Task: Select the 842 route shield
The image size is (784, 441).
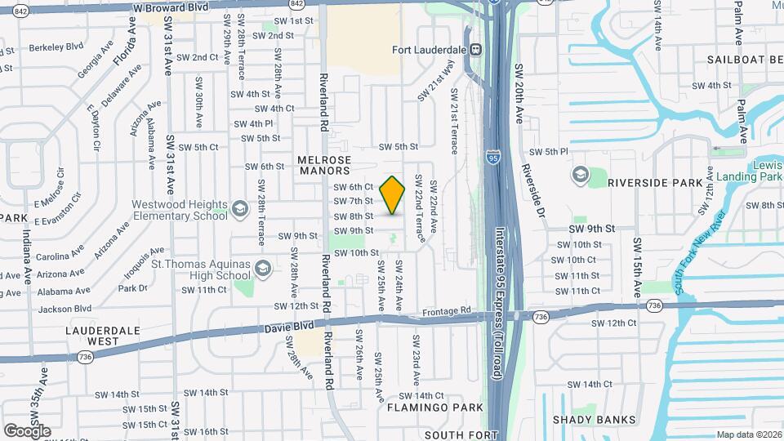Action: pos(22,10)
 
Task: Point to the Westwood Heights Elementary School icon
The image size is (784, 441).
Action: pos(240,208)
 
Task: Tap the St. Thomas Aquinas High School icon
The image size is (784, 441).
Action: pos(263,267)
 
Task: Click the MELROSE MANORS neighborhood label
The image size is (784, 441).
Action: pos(324,165)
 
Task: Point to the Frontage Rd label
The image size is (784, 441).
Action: pos(448,311)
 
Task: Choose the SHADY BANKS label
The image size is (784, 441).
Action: pos(594,420)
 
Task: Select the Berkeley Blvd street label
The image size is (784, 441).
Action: pos(56,47)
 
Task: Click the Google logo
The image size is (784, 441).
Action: pos(27,430)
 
